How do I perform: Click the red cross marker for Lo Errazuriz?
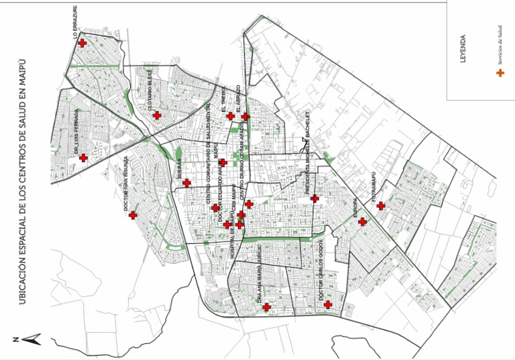pyautogui.click(x=82, y=43)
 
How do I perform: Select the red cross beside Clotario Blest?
pyautogui.click(x=156, y=115)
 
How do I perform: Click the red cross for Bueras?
pyautogui.click(x=186, y=182)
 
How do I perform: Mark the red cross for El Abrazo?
pyautogui.click(x=245, y=117)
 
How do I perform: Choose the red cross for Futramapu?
pyautogui.click(x=380, y=206)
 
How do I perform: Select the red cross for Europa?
pyautogui.click(x=362, y=222)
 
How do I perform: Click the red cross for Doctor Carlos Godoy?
pyautogui.click(x=328, y=305)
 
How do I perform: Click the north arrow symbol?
pyautogui.click(x=28, y=339)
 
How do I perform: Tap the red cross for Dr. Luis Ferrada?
pyautogui.click(x=83, y=158)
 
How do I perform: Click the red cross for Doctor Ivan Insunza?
pyautogui.click(x=133, y=215)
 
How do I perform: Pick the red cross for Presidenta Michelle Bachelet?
pyautogui.click(x=314, y=198)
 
